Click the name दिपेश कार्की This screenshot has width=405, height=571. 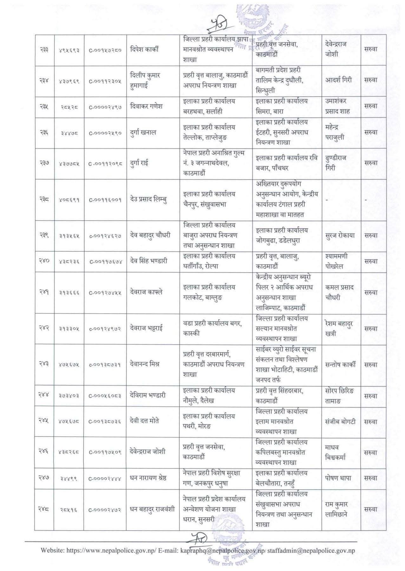pyautogui.click(x=144, y=49)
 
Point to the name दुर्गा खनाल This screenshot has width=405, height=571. pyautogui.click(x=143, y=133)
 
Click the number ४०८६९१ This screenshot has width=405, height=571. pyautogui.click(x=69, y=200)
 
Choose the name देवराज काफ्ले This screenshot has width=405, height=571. pyautogui.click(x=146, y=292)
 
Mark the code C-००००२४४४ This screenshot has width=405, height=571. pyautogui.click(x=105, y=478)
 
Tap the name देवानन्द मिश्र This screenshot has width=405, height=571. pyautogui.click(x=145, y=364)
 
